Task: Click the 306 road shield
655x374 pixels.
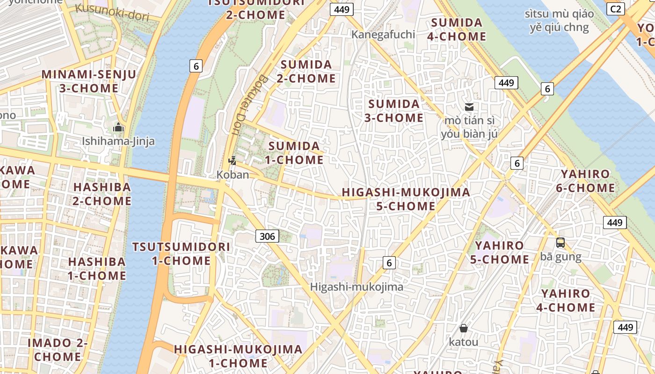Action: point(267,236)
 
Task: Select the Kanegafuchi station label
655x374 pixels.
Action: point(383,34)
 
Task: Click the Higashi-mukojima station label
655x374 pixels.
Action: point(357,287)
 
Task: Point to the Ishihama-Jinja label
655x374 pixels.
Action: point(118,141)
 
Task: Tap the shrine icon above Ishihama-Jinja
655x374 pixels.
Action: point(118,127)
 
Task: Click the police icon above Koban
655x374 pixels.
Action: point(232,161)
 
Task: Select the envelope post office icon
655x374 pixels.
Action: point(469,107)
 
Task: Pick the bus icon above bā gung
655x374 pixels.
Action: point(560,243)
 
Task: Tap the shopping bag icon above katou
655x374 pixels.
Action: point(463,328)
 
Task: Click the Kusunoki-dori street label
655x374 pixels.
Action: point(112,12)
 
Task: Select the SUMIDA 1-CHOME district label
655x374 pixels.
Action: point(294,153)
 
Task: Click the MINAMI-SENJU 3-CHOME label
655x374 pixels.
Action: point(89,81)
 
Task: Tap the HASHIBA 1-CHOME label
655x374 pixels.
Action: point(97,268)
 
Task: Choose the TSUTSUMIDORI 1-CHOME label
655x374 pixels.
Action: point(181,253)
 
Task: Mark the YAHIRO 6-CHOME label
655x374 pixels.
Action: point(585,181)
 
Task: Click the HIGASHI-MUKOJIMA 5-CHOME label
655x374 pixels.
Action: point(406,199)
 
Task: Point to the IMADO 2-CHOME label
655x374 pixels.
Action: point(58,349)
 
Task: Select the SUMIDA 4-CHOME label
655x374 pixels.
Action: point(457,29)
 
